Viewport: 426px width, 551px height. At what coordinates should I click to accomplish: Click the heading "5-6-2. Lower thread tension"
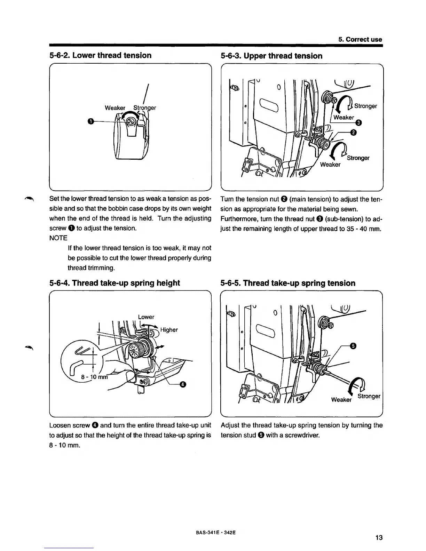(101, 55)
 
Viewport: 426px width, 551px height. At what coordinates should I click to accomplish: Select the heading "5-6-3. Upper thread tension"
(271, 56)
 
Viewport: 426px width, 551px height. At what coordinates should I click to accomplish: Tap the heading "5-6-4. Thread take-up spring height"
(115, 283)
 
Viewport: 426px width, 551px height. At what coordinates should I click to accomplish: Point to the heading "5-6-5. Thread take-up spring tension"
(288, 283)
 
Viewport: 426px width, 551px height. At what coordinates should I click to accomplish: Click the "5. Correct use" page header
(360, 39)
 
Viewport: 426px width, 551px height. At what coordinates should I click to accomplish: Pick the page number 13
(379, 538)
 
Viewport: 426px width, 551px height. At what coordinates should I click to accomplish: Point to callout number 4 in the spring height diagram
(183, 384)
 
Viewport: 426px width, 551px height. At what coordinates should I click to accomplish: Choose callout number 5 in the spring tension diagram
(353, 346)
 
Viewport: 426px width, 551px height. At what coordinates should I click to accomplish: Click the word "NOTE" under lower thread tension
(58, 238)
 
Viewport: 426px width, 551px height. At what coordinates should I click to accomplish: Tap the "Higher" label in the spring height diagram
(169, 330)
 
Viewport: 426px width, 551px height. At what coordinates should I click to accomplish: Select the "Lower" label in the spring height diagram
(146, 317)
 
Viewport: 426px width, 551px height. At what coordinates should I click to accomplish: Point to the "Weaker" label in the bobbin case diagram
(115, 108)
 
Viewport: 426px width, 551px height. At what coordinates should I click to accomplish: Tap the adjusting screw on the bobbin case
(132, 121)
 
